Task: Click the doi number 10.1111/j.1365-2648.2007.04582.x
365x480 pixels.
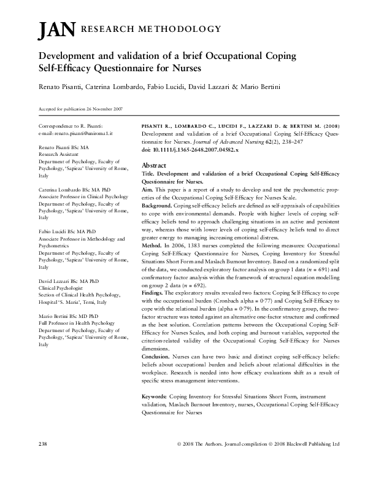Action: (195, 150)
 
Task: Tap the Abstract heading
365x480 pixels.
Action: (153, 166)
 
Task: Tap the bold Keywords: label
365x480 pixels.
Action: (158, 397)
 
